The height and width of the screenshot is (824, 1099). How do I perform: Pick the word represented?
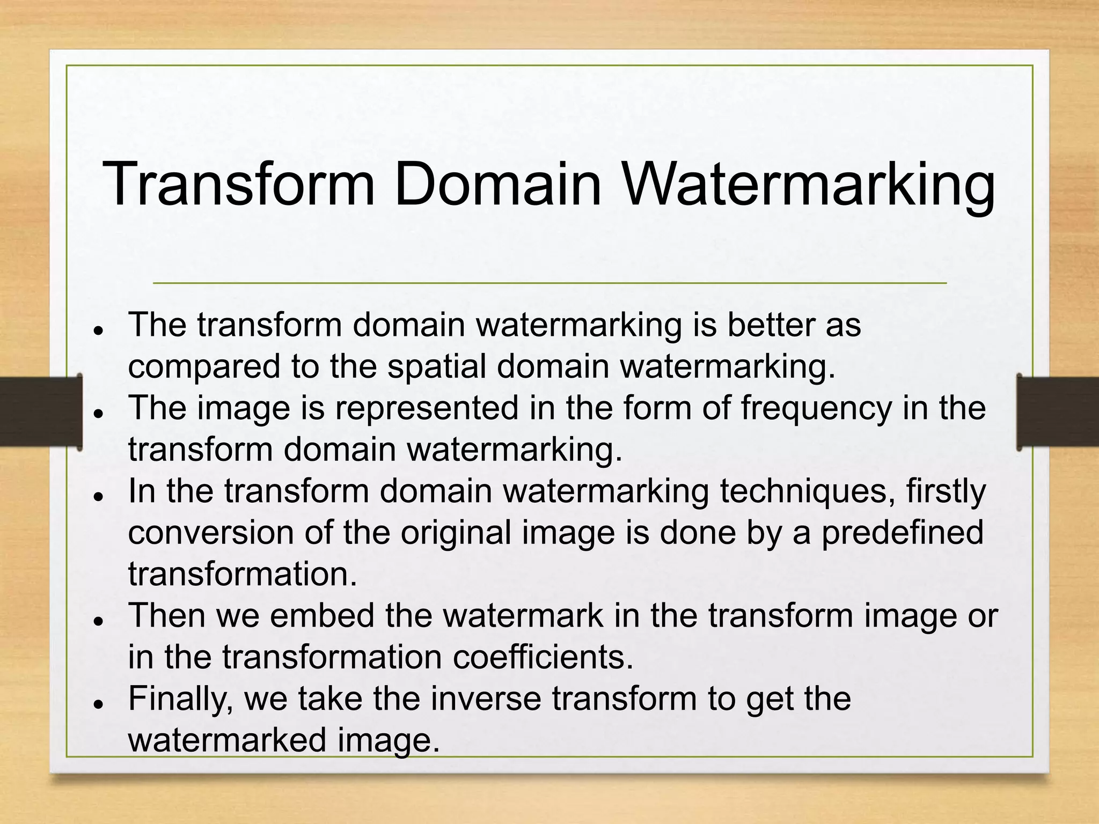427,408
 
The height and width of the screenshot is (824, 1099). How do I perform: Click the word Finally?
180,699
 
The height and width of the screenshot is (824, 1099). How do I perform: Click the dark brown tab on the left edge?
40,411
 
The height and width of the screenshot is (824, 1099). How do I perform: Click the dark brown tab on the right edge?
1058,411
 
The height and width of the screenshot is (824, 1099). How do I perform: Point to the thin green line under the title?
549,283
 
